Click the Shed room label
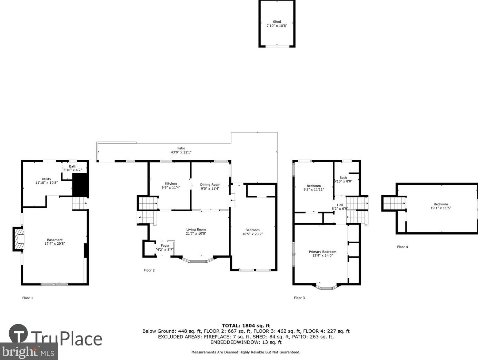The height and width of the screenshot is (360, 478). pyautogui.click(x=277, y=22)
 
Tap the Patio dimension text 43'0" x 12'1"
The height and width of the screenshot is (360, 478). pyautogui.click(x=181, y=152)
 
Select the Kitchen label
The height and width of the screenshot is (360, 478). pyautogui.click(x=171, y=184)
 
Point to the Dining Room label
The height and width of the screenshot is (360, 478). pyautogui.click(x=210, y=185)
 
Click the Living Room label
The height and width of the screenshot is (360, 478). pyautogui.click(x=196, y=230)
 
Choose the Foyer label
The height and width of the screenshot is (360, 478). pyautogui.click(x=165, y=246)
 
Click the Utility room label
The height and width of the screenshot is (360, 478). pyautogui.click(x=46, y=179)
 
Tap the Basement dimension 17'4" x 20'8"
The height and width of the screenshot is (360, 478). pyautogui.click(x=55, y=244)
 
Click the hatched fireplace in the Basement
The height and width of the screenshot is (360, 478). pyautogui.click(x=19, y=239)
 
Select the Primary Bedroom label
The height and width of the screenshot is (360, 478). pyautogui.click(x=322, y=252)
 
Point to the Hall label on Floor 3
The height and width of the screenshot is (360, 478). pyautogui.click(x=340, y=205)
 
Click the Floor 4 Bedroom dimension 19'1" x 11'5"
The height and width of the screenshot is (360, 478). pyautogui.click(x=441, y=208)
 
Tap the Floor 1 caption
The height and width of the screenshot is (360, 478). pyautogui.click(x=28, y=298)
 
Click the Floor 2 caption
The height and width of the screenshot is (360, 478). pyautogui.click(x=149, y=270)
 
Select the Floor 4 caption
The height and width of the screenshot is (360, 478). pyautogui.click(x=402, y=247)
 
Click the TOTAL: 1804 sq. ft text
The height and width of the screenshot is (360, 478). pyautogui.click(x=246, y=326)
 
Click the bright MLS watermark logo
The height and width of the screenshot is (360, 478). pyautogui.click(x=29, y=351)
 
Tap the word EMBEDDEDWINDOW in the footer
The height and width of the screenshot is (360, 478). pyautogui.click(x=235, y=342)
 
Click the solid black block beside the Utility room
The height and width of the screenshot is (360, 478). pyautogui.click(x=80, y=185)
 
